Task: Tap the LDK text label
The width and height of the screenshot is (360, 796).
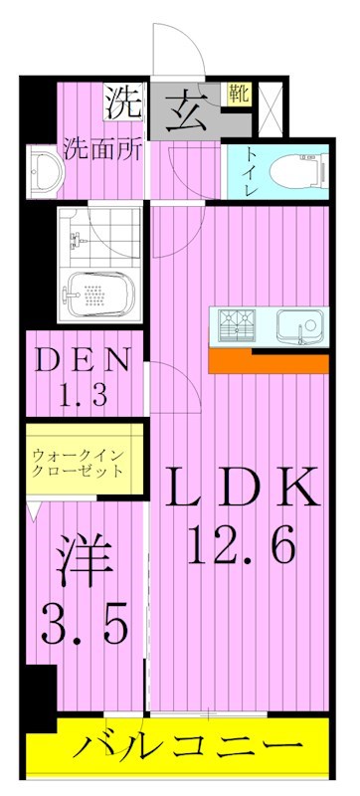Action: pos(242,488)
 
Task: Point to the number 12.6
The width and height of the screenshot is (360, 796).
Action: pos(242,544)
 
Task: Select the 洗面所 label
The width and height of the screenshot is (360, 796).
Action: pos(101,151)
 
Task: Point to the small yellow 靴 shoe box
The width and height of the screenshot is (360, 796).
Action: pos(239,95)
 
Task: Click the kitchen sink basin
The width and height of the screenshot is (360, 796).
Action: pos(298,325)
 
